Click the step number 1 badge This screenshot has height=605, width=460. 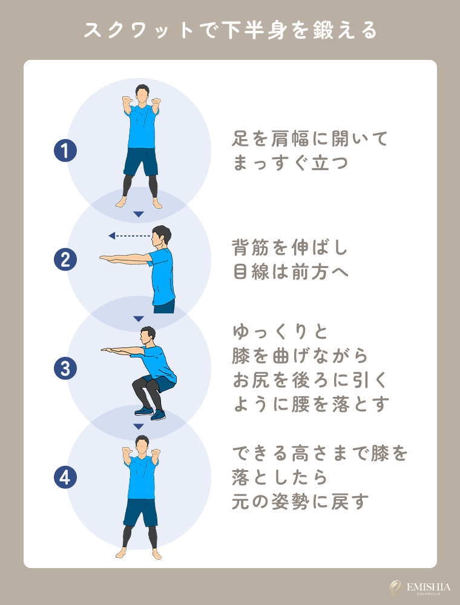(x=65, y=151)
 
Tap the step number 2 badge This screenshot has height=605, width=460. (x=65, y=260)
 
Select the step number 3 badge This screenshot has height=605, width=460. (x=65, y=368)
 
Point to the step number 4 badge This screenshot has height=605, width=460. (x=65, y=478)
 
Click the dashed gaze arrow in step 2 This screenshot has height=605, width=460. (x=130, y=236)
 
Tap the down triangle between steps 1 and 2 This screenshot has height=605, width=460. (x=139, y=214)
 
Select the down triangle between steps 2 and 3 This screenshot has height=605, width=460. (x=139, y=319)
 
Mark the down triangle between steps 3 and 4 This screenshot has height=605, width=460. (x=139, y=427)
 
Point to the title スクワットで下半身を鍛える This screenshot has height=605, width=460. (x=229, y=30)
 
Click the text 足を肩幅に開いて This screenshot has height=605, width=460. (x=309, y=139)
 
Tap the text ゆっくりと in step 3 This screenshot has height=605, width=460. (x=280, y=333)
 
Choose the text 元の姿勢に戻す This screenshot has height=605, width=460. (x=300, y=502)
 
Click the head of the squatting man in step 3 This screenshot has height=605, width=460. (x=147, y=335)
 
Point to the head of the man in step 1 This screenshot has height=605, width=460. (x=142, y=93)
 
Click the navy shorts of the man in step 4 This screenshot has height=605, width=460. (x=141, y=512)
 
